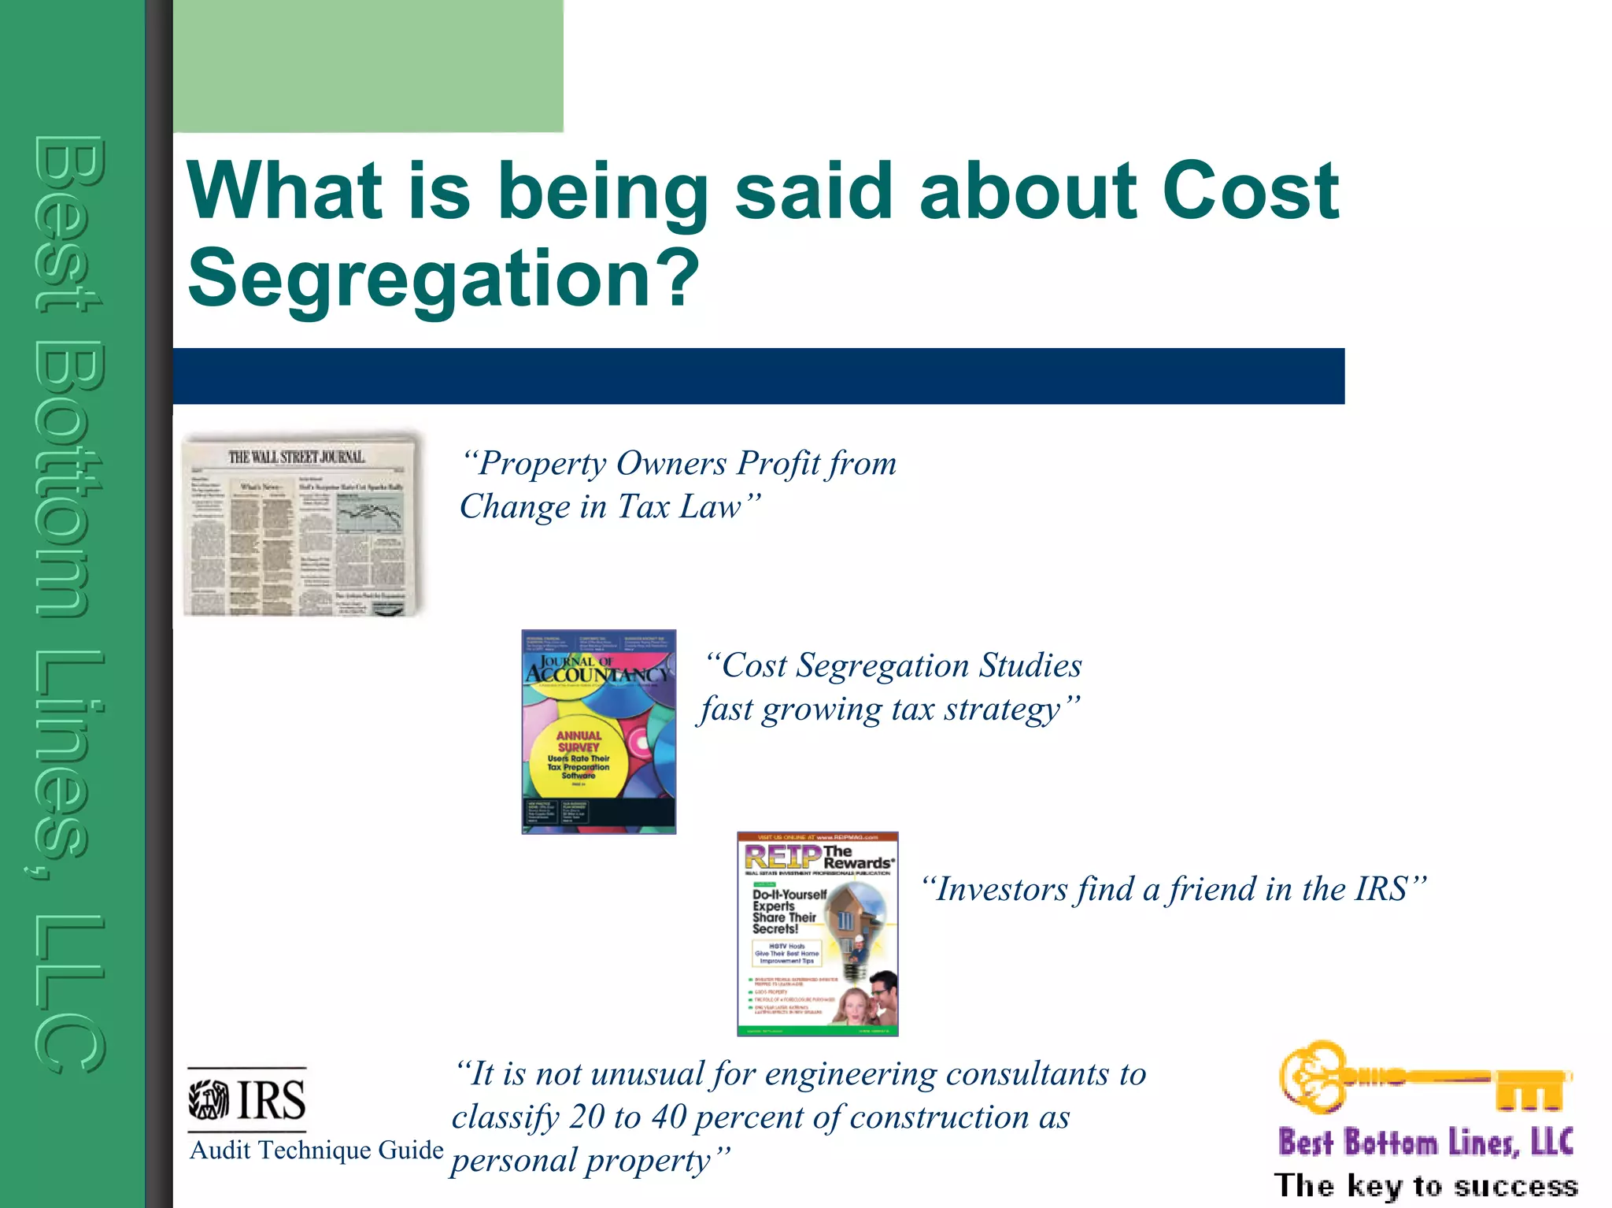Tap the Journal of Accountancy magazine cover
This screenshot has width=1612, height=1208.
pyautogui.click(x=598, y=731)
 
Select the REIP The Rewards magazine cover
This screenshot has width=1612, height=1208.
pyautogui.click(x=817, y=934)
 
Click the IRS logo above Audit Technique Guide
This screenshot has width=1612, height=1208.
pyautogui.click(x=247, y=1099)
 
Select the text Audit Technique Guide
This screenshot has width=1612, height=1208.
pyautogui.click(x=316, y=1151)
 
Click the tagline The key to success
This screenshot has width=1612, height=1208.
pyautogui.click(x=1425, y=1185)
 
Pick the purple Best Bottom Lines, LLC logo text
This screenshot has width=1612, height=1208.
pyautogui.click(x=1425, y=1142)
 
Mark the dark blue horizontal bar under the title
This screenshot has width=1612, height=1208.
pyautogui.click(x=758, y=376)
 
